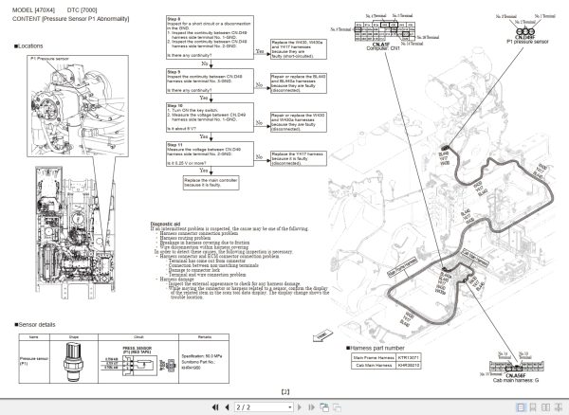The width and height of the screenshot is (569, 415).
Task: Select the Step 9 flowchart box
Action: tap(200, 80)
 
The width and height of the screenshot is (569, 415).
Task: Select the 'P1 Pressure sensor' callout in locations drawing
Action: tap(50, 59)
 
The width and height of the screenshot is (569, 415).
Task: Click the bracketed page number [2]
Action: tap(285, 390)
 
